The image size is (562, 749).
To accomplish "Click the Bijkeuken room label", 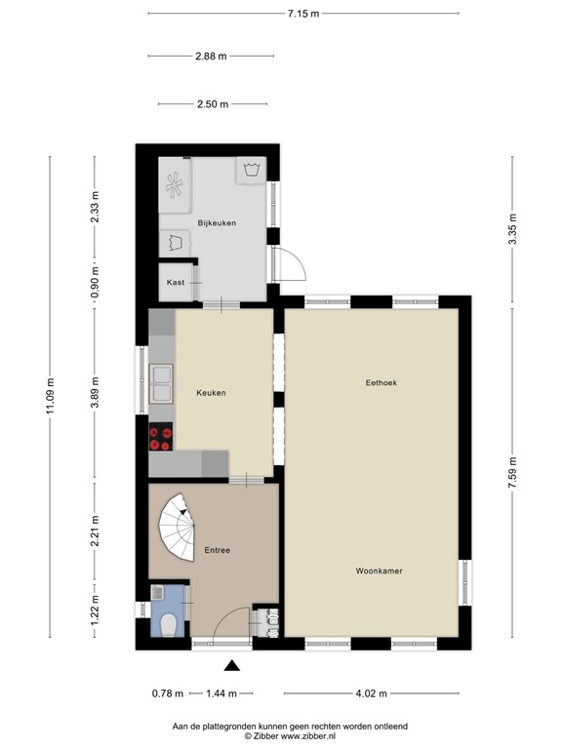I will click(217, 223).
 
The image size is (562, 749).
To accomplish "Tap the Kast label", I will click(176, 282).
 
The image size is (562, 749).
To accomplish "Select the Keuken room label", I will click(210, 393).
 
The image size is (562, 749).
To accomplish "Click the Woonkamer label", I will click(380, 571).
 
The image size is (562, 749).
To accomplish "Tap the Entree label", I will click(217, 550).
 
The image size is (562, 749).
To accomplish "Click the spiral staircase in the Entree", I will click(179, 527).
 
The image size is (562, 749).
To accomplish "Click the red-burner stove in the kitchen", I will click(161, 439).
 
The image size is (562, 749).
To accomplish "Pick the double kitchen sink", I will click(162, 384).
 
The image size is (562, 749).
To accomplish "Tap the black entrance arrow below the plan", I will click(232, 667).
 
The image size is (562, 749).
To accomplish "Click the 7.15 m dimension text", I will click(303, 13).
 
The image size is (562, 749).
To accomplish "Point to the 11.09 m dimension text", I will click(51, 398).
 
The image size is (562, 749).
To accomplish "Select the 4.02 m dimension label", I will click(371, 693).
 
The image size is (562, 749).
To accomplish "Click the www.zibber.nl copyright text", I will click(289, 737).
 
